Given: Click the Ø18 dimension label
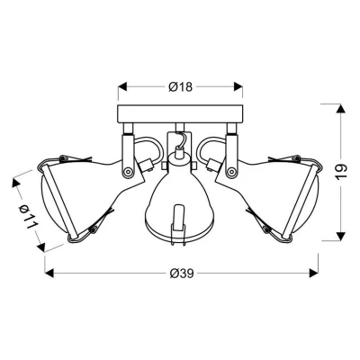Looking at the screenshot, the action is pos(180,87).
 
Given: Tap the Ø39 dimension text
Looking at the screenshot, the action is pos(182,274).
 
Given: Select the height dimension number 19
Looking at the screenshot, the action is pos(341,172).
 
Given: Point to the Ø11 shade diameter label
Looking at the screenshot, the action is pos(29,216).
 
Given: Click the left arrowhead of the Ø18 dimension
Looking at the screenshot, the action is pos(122,86).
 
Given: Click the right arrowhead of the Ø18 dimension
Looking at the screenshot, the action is pos(238,86).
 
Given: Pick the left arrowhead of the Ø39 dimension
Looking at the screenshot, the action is pos(49,273).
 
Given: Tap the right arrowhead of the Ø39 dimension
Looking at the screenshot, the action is pos(313,273).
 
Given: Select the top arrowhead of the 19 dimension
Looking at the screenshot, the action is pos(339,108).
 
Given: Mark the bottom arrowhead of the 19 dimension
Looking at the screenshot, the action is pos(339,236).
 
